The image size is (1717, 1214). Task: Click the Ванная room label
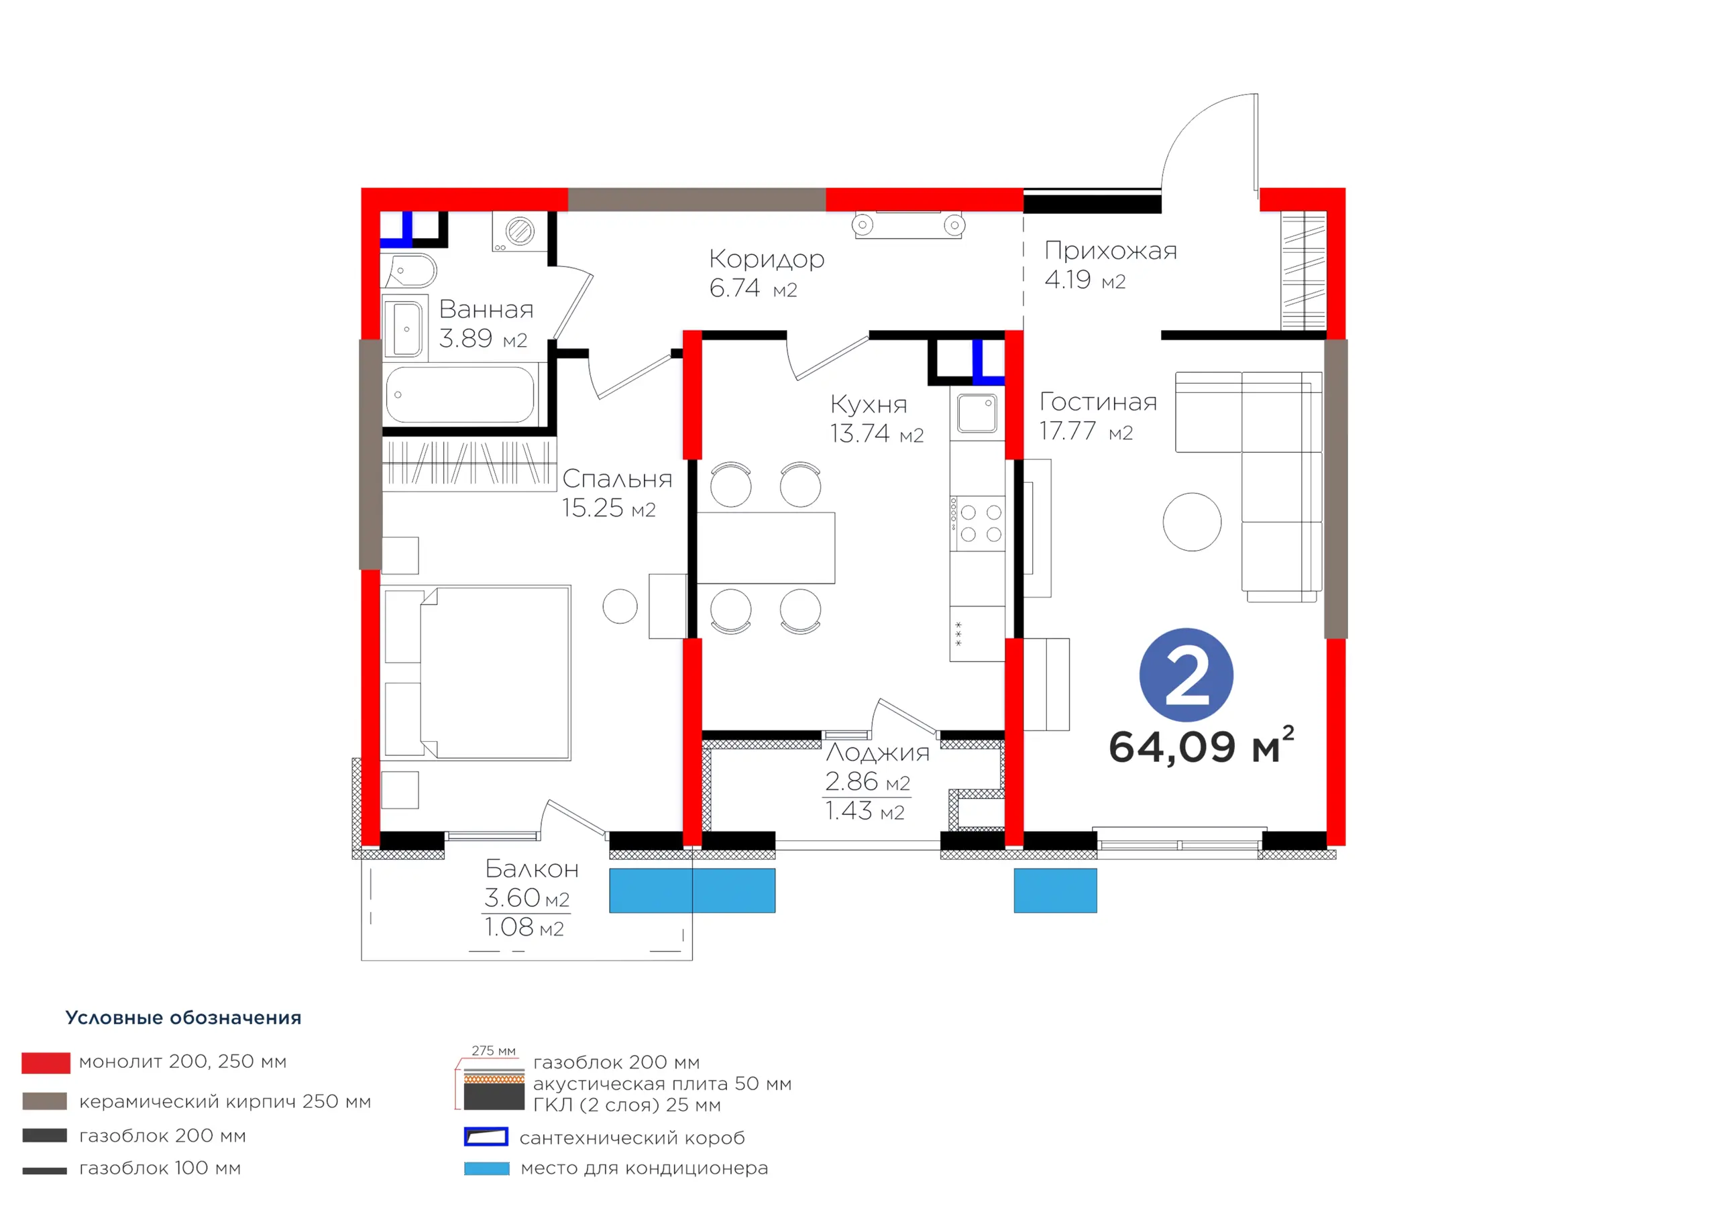pyautogui.click(x=486, y=309)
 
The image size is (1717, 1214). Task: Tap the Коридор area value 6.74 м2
pyautogui.click(x=753, y=288)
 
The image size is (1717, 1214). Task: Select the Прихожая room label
pyautogui.click(x=1111, y=252)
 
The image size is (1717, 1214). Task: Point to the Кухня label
pyautogui.click(x=868, y=404)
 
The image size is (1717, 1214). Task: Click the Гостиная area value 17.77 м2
pyautogui.click(x=1086, y=431)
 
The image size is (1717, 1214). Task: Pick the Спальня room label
pyautogui.click(x=617, y=479)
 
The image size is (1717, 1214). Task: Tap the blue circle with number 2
pyautogui.click(x=1186, y=675)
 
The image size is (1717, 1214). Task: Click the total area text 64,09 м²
pyautogui.click(x=1201, y=746)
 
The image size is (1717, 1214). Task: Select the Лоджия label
pyautogui.click(x=877, y=753)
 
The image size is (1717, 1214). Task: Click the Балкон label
pyautogui.click(x=532, y=869)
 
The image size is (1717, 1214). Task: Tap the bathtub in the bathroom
pyautogui.click(x=460, y=395)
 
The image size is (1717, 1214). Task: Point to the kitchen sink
pyautogui.click(x=977, y=414)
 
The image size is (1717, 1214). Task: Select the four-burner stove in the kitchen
pyautogui.click(x=977, y=524)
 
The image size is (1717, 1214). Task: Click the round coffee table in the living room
pyautogui.click(x=1192, y=522)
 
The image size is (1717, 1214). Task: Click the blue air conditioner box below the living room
pyautogui.click(x=1055, y=891)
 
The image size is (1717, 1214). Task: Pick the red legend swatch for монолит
pyautogui.click(x=46, y=1063)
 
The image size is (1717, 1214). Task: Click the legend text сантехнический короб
pyautogui.click(x=632, y=1138)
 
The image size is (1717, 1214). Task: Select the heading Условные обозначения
pyautogui.click(x=183, y=1018)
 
